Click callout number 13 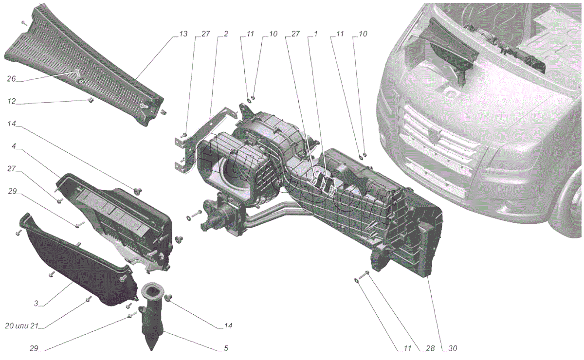click(183, 34)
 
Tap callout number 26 click(11, 78)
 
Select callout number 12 click(12, 101)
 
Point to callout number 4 click(14, 146)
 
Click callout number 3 click(36, 303)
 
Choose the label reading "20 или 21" click(21, 325)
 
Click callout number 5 click(226, 348)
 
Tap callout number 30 click(453, 348)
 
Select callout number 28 click(430, 348)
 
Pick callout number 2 click(226, 34)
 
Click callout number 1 click(315, 34)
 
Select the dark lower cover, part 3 click(78, 263)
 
